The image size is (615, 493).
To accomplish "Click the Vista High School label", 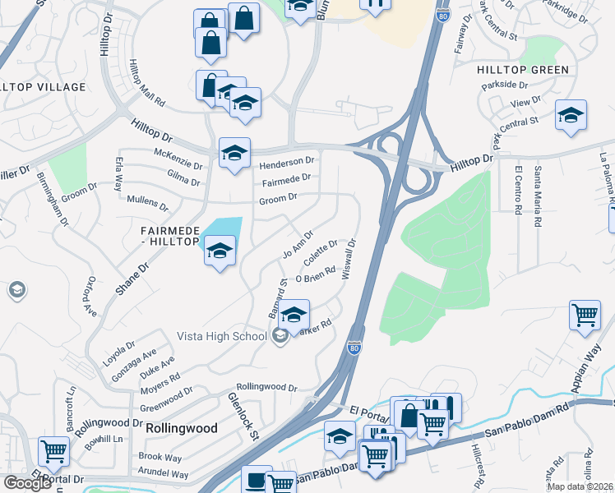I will coord(223,335).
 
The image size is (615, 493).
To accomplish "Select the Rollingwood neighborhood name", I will coord(182,428).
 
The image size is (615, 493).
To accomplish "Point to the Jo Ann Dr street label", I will coord(298,243).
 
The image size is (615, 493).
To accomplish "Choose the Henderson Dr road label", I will coord(288,163).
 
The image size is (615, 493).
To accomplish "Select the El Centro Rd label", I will coord(519,191).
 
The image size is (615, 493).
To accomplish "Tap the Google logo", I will coord(27,483).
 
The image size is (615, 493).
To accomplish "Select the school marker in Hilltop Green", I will coord(571,115).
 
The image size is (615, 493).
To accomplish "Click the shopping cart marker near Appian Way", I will coord(585,314).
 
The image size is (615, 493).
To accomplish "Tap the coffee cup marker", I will coord(257,478).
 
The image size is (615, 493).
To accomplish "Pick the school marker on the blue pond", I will coord(220,251).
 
